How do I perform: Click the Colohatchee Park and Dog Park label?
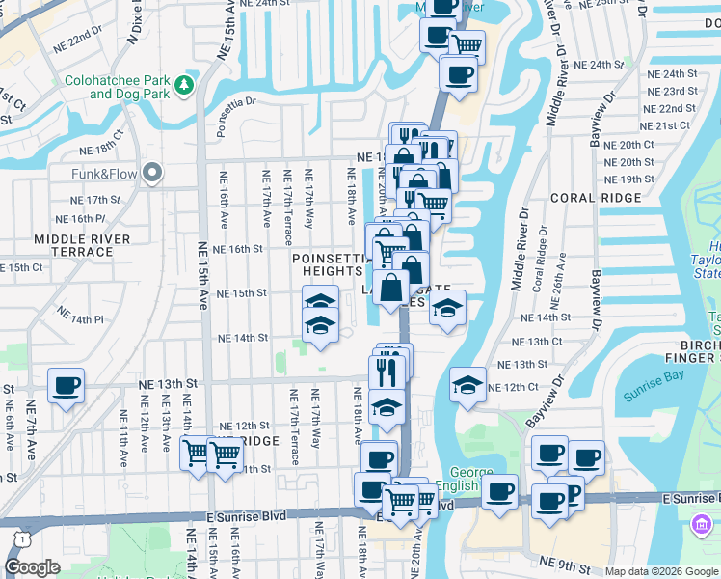[x=115, y=88]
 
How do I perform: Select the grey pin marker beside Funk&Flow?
[x=151, y=174]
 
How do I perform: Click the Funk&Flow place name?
[x=103, y=174]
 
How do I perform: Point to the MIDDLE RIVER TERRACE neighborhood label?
[x=73, y=245]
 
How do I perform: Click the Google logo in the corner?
[x=32, y=567]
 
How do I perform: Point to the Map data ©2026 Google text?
[x=660, y=571]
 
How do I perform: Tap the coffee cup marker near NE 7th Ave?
[x=66, y=386]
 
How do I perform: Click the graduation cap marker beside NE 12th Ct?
[x=467, y=385]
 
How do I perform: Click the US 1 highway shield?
[x=17, y=537]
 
